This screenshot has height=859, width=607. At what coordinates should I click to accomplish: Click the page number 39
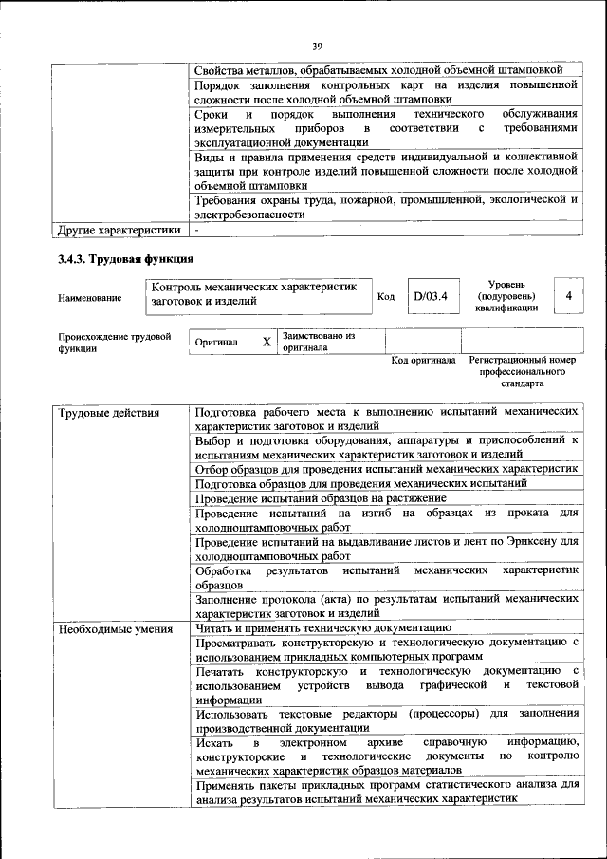tap(318, 45)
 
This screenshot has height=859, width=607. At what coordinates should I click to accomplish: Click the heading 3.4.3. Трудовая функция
tap(125, 258)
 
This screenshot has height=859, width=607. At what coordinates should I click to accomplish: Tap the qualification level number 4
tap(568, 296)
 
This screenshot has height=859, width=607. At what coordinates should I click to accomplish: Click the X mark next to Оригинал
tap(267, 341)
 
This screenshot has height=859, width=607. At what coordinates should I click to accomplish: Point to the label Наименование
tap(90, 298)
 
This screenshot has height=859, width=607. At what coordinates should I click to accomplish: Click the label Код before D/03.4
tap(386, 297)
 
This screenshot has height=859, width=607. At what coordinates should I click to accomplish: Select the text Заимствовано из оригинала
tap(318, 342)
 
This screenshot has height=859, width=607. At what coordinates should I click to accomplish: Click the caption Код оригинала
tap(424, 361)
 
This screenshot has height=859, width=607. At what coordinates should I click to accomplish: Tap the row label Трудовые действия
tap(109, 413)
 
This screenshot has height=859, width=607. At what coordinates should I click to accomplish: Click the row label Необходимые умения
tap(115, 628)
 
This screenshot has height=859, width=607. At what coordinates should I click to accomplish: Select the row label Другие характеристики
tap(119, 230)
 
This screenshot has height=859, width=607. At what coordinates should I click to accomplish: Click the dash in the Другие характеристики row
tap(196, 230)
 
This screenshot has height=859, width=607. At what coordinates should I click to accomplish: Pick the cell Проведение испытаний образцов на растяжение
tap(321, 498)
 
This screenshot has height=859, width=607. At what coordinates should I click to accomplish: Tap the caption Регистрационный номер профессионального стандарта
tap(522, 373)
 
